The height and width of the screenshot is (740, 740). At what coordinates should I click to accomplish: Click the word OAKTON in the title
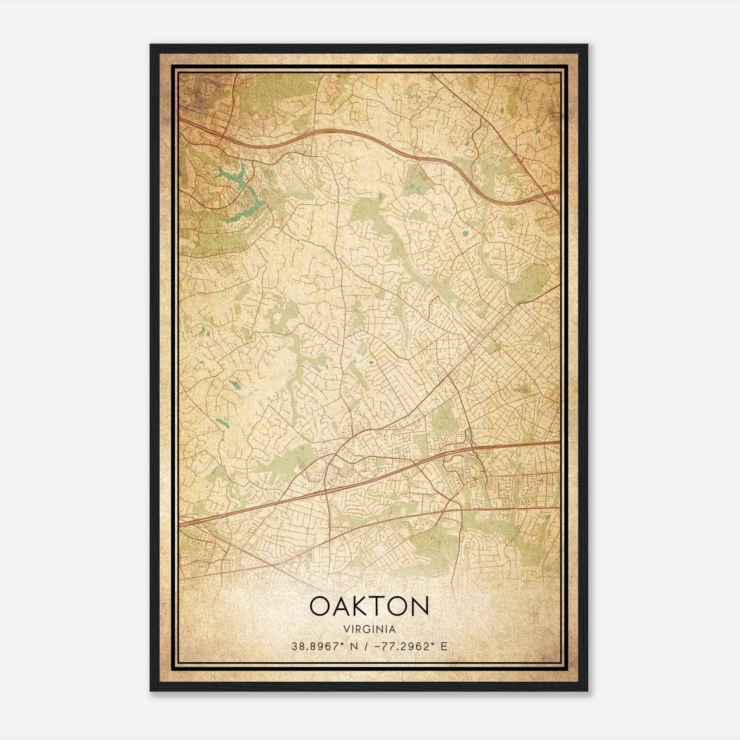pos(369,606)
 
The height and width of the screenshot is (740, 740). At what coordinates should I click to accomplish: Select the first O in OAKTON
pos(319,606)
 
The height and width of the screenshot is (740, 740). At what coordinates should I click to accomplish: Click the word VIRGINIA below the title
pos(370,629)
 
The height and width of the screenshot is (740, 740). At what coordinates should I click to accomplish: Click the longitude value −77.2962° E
pos(407,647)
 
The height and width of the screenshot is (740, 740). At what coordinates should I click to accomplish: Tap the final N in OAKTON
pos(420,606)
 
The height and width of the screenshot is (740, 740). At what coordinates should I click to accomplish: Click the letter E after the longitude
pos(444,647)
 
